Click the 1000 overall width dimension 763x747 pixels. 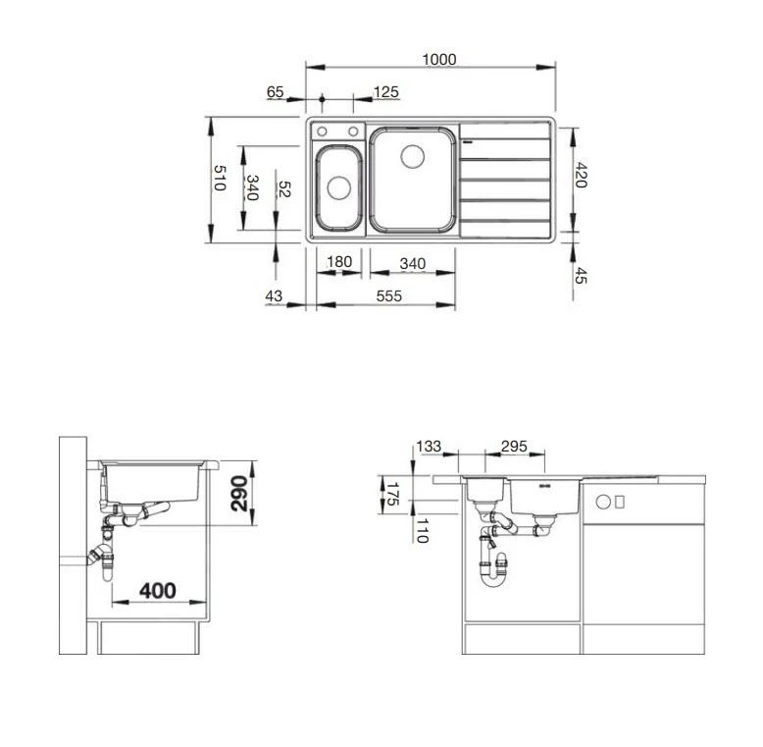point(439,59)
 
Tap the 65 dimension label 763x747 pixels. point(275,92)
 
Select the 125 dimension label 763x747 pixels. point(386,92)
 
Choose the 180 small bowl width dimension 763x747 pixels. point(338,262)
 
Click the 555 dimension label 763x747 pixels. point(389,296)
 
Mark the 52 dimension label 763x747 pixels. point(285,190)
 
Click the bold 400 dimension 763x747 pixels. point(157,590)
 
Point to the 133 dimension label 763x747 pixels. point(429,447)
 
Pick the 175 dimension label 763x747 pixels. point(391,494)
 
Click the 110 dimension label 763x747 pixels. point(419,534)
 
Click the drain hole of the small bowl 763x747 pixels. point(337,186)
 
